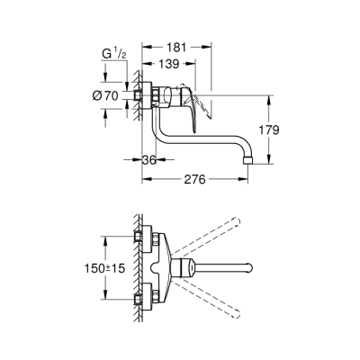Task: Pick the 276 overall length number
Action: (196, 178)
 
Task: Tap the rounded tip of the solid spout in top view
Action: (248, 267)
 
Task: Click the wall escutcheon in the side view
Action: (138, 97)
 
